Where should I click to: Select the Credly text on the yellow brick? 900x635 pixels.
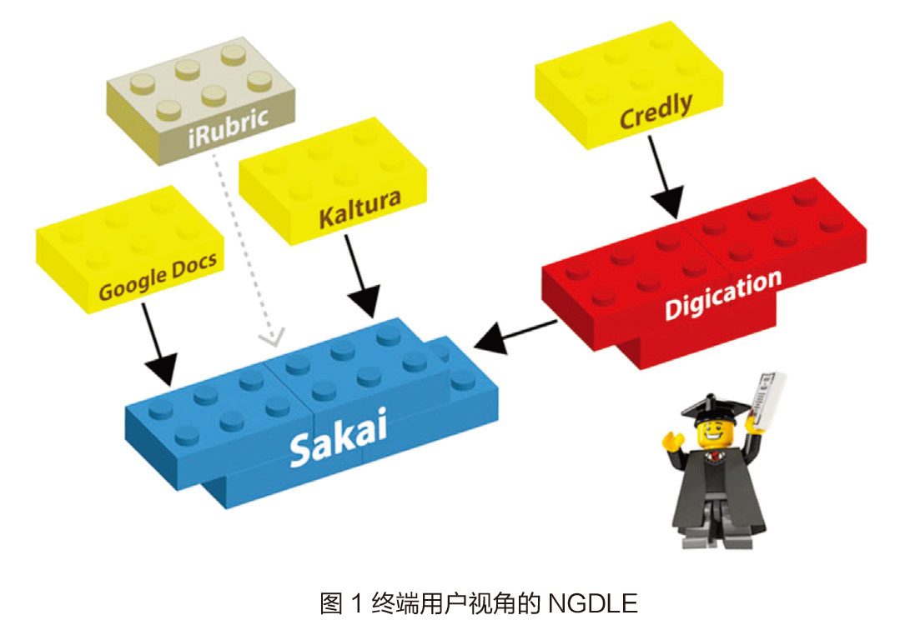[656, 112]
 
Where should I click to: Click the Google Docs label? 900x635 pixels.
[158, 275]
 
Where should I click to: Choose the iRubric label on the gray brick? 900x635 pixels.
[228, 118]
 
